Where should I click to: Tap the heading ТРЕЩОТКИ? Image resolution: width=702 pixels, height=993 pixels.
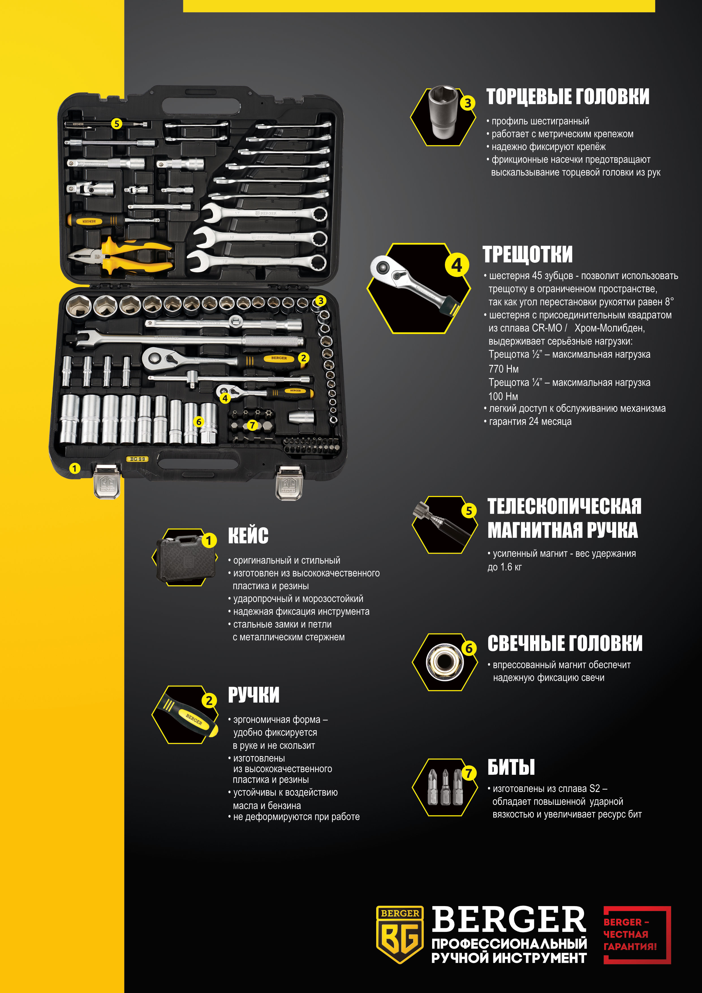tap(527, 254)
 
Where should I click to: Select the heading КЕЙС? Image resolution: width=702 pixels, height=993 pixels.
tap(248, 536)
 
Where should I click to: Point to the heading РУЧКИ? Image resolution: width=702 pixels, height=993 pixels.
tap(254, 695)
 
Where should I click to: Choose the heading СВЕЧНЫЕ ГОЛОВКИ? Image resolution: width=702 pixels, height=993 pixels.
tap(565, 643)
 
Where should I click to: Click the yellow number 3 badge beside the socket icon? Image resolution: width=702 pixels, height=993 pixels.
tap(468, 103)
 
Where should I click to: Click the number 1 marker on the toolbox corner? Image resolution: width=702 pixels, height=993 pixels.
tap(74, 468)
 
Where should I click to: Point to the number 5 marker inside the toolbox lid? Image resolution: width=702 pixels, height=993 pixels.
tap(116, 124)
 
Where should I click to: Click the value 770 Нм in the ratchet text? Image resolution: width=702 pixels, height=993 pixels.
tap(503, 369)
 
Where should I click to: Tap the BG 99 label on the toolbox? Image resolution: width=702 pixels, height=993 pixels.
tap(137, 459)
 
